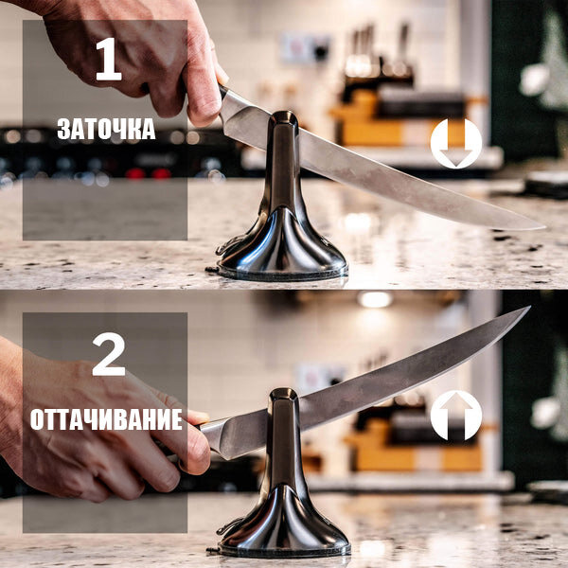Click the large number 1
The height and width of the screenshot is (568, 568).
point(108,61)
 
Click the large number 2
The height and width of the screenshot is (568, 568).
point(108,355)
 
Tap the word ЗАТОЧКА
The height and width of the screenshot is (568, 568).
point(105,129)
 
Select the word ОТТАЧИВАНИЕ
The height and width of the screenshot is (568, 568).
point(105,419)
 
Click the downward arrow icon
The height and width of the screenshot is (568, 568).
point(455,144)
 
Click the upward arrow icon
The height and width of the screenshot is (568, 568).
point(455,416)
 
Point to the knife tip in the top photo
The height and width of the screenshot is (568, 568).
point(541,227)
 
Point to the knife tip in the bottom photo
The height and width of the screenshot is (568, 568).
point(525,310)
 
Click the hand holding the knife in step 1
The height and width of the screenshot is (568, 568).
point(142,57)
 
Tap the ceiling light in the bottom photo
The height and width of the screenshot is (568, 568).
point(375,299)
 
